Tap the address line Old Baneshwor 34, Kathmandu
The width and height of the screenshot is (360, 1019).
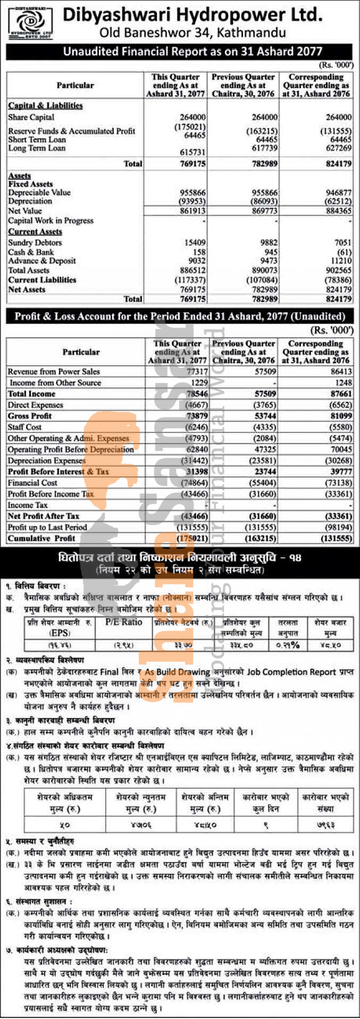point(192,33)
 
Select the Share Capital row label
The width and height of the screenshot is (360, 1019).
point(31,117)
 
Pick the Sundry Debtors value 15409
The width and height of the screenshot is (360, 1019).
point(195,243)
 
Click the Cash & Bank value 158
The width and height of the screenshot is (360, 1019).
point(199,252)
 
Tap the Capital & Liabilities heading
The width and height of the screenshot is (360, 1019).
point(45,105)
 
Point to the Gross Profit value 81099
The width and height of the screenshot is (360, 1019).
point(339,416)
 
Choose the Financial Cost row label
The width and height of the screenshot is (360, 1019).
point(32,483)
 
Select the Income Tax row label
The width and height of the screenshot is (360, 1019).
point(28,505)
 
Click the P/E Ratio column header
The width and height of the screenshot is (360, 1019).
point(124,622)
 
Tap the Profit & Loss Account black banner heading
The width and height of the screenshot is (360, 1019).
point(180,316)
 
